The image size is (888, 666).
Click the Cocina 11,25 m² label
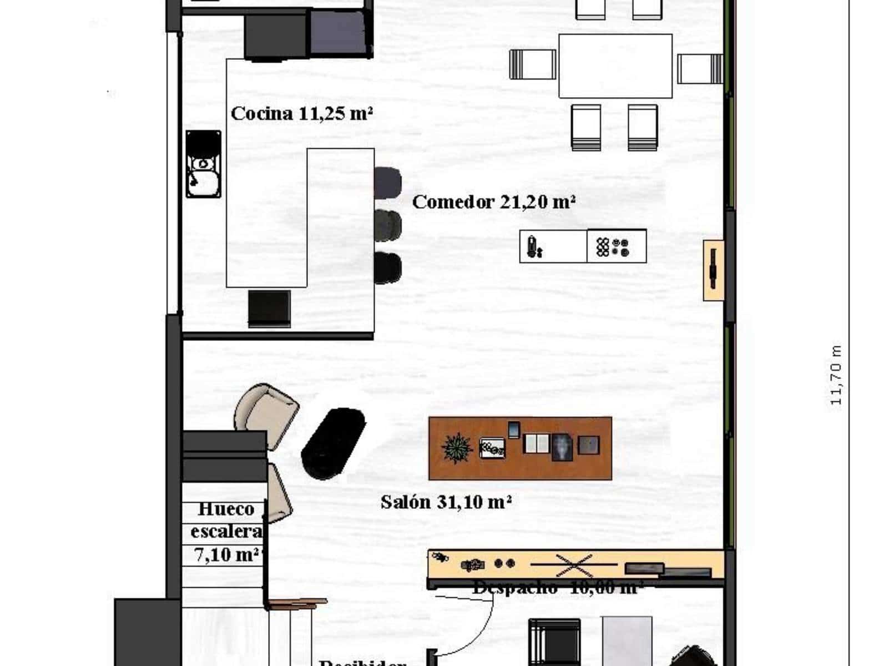pos(301,114)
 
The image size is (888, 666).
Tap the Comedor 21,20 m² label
pos(493,202)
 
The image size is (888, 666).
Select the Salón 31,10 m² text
pos(446,502)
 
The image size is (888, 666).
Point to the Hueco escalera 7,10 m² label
pos(226,532)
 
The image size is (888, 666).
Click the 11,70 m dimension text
pos(836,375)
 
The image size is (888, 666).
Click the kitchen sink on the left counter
pos(203,165)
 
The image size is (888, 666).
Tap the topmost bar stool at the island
pos(387,182)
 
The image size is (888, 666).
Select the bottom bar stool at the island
pos(387,268)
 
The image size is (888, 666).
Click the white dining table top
pos(615,66)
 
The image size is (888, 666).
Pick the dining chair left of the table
pos(533,64)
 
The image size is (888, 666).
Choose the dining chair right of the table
pos(699,68)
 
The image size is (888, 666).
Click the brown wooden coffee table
pos(520,448)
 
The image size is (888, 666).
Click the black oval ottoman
pos(333,443)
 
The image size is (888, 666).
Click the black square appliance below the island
pos(269,309)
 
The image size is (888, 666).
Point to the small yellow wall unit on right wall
pos(713,270)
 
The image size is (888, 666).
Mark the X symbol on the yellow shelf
pos(574,565)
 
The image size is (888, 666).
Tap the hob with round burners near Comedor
pos(616,246)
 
